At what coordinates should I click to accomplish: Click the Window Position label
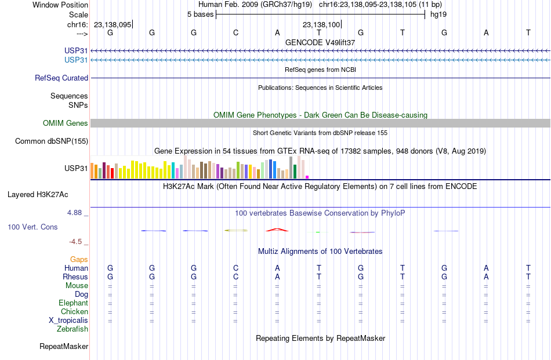click(x=60, y=5)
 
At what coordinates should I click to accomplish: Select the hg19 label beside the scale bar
click(x=438, y=14)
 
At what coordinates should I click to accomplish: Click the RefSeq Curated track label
click(x=61, y=78)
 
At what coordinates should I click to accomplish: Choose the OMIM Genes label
click(x=66, y=123)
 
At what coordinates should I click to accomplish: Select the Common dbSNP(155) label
click(x=52, y=141)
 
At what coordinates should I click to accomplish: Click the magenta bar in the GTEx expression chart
click(x=307, y=177)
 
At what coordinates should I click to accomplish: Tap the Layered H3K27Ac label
click(x=38, y=195)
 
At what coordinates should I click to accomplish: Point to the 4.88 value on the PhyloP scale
click(x=74, y=213)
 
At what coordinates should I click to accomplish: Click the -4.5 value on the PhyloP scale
click(x=75, y=242)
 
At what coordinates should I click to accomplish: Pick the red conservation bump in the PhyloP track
click(x=277, y=230)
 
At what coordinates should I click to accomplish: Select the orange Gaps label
click(x=79, y=260)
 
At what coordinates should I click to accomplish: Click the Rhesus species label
click(x=75, y=277)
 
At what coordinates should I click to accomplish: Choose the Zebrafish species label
click(x=72, y=329)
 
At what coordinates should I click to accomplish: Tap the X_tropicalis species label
click(x=68, y=321)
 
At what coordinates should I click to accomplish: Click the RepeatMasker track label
click(x=64, y=347)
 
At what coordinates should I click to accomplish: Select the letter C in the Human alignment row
click(x=235, y=268)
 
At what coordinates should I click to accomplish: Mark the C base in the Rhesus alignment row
click(x=235, y=277)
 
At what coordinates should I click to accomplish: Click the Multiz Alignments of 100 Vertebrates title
click(x=320, y=252)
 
